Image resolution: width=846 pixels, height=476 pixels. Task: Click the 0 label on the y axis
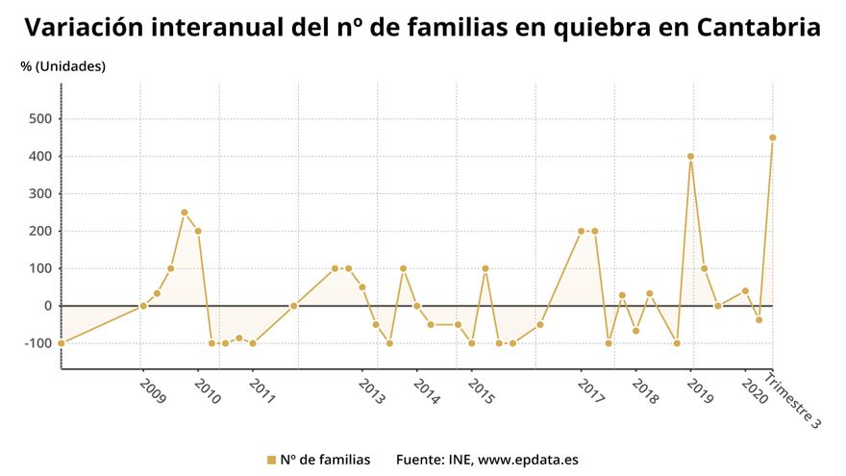[47, 306]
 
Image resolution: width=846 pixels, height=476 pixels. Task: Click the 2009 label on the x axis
[153, 390]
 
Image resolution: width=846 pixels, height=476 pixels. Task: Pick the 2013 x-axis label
[372, 390]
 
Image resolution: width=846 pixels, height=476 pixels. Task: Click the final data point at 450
[773, 138]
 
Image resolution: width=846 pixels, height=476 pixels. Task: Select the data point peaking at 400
[690, 157]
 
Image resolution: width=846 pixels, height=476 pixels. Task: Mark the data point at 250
[185, 213]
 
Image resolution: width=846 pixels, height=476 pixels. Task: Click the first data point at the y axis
[62, 343]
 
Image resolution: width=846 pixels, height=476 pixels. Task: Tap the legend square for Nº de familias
[271, 460]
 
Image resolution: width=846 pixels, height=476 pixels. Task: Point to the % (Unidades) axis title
[63, 66]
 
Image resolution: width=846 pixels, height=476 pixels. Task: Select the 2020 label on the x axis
[755, 390]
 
